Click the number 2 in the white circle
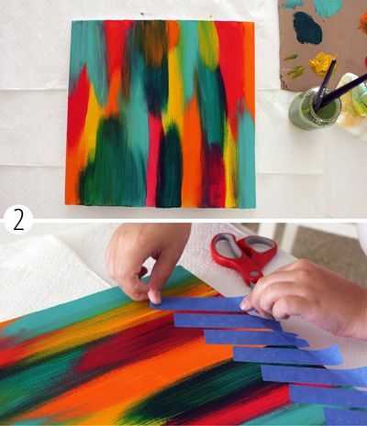tap(18, 222)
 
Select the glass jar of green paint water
tap(315, 107)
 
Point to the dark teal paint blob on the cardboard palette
tap(307, 27)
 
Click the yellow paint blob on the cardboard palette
tap(322, 63)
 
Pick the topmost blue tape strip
tap(199, 304)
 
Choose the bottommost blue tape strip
tap(346, 416)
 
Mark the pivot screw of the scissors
tap(253, 273)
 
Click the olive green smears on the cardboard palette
tap(293, 67)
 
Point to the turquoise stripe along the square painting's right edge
tap(247, 158)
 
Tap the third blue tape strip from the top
tap(255, 338)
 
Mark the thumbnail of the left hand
tap(155, 298)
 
